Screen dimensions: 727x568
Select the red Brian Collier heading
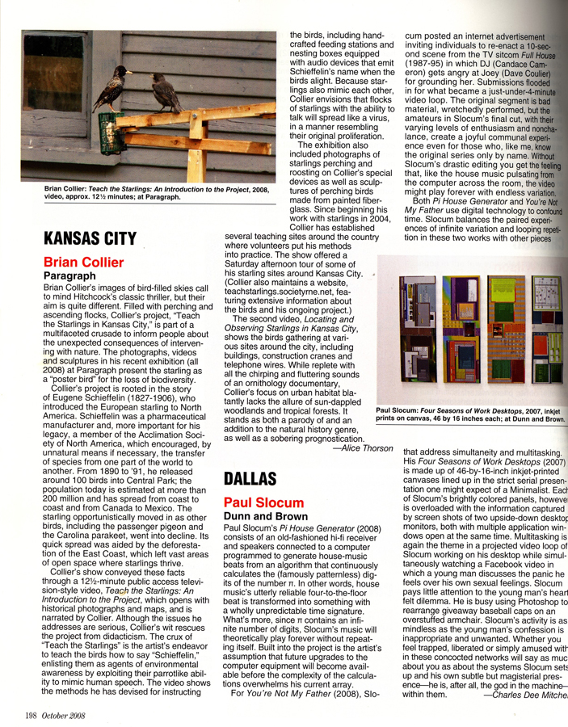84,263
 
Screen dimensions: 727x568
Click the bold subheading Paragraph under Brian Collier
70,276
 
